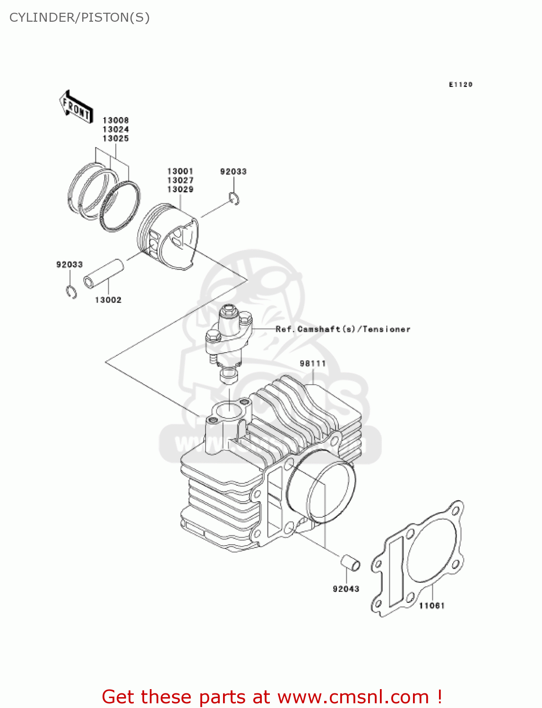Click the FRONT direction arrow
pyautogui.click(x=75, y=107)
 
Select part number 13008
pyautogui.click(x=116, y=120)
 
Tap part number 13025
pyautogui.click(x=116, y=138)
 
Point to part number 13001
pyautogui.click(x=180, y=171)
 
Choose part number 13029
pyautogui.click(x=180, y=189)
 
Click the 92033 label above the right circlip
pyautogui.click(x=233, y=172)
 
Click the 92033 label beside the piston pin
pyautogui.click(x=69, y=265)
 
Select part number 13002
pyautogui.click(x=108, y=300)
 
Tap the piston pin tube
pyautogui.click(x=104, y=273)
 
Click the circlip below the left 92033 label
pyautogui.click(x=71, y=292)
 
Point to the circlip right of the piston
pyautogui.click(x=234, y=199)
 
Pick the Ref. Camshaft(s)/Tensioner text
pyautogui.click(x=343, y=329)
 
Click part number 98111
pyautogui.click(x=313, y=363)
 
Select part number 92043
pyautogui.click(x=346, y=589)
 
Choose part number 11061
pyautogui.click(x=432, y=606)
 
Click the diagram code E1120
pyautogui.click(x=461, y=84)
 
